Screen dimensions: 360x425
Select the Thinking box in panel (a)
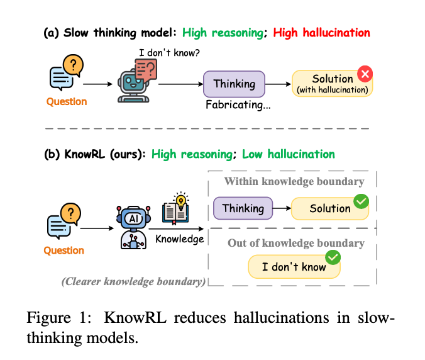[x=234, y=84]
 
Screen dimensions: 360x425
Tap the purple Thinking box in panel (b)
[x=243, y=208]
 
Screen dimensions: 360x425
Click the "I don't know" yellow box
[x=294, y=266]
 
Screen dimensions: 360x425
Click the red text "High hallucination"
[x=321, y=32]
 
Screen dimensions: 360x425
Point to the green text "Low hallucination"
[x=289, y=154]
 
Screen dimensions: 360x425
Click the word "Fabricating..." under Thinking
[x=238, y=105]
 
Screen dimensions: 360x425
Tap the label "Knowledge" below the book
[x=180, y=239]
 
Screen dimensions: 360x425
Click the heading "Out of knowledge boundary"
[x=295, y=243]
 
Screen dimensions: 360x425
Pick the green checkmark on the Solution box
[x=360, y=201]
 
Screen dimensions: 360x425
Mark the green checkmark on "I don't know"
[x=332, y=257]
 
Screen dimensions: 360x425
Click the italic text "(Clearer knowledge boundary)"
[x=133, y=281]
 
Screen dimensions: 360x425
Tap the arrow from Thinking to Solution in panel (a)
[x=279, y=84]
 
